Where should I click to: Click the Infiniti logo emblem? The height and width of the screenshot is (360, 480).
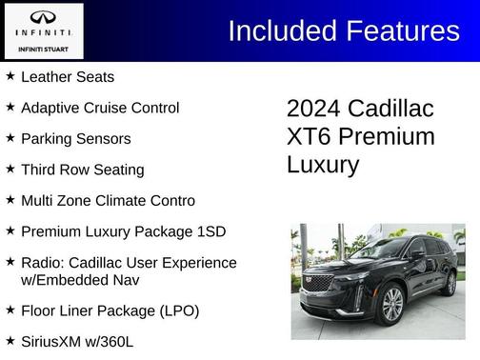click(x=43, y=17)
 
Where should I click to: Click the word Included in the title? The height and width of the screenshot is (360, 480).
click(x=284, y=30)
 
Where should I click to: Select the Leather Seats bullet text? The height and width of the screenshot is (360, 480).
click(x=67, y=76)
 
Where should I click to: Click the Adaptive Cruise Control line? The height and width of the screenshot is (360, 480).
click(x=100, y=108)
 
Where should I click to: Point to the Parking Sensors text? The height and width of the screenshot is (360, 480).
click(x=75, y=138)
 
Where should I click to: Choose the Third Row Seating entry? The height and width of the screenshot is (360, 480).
click(x=82, y=170)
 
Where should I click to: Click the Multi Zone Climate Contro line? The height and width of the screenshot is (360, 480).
click(x=108, y=200)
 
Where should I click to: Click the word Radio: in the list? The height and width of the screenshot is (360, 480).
click(x=44, y=262)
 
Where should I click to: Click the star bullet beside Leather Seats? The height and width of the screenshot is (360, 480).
click(x=10, y=75)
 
